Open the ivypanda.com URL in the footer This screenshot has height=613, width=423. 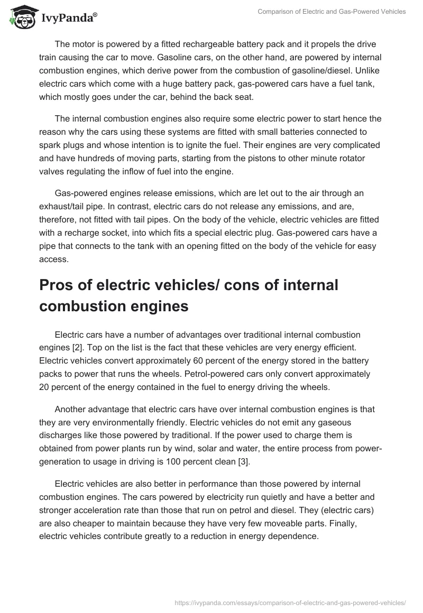290,602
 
